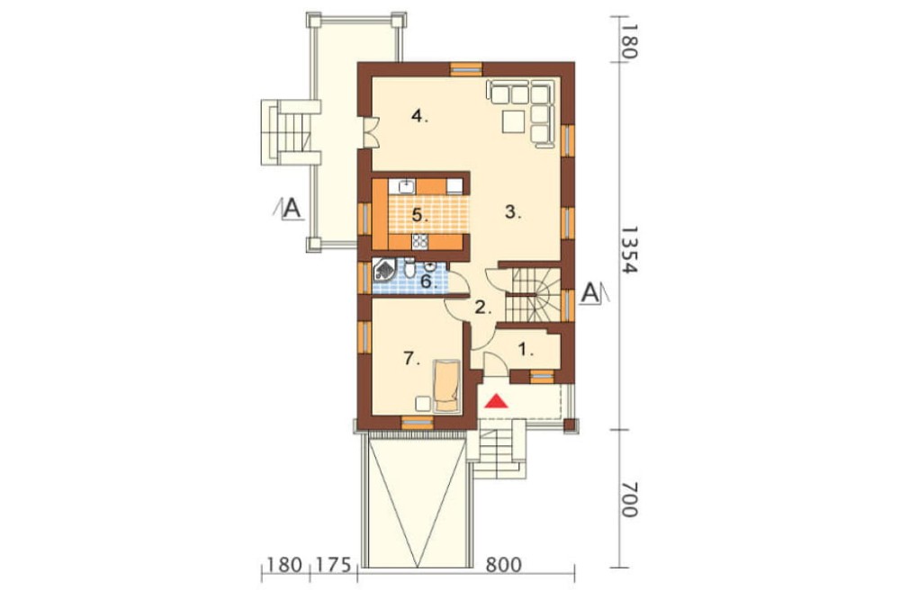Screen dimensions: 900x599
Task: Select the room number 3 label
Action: click(x=513, y=212)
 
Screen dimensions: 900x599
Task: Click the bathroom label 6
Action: click(x=429, y=282)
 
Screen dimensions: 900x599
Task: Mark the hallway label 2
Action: click(x=483, y=308)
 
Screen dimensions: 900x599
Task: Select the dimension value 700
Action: click(x=630, y=499)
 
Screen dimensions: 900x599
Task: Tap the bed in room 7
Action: click(x=446, y=386)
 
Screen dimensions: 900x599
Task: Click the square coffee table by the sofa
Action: click(x=513, y=121)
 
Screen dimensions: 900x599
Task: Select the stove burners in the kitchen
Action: click(x=420, y=242)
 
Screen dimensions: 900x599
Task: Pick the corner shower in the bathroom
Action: click(x=384, y=270)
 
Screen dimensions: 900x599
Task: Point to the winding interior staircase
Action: click(x=533, y=296)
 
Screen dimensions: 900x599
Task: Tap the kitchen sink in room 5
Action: click(x=407, y=185)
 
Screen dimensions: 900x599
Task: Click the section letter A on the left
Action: click(x=292, y=208)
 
